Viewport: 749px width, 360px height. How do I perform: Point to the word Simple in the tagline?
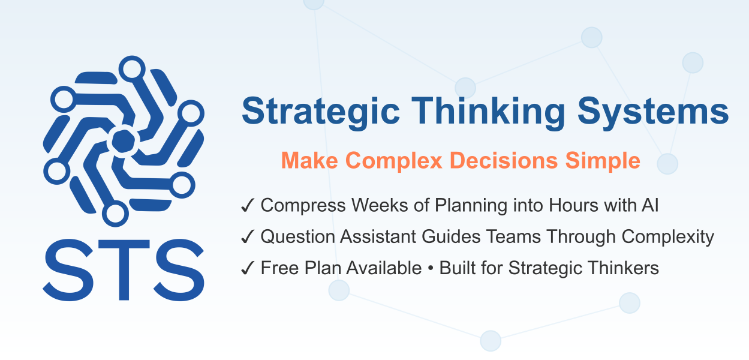[x=603, y=161]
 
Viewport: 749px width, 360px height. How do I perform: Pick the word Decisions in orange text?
[x=504, y=161]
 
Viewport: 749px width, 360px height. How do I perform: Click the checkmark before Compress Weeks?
[x=248, y=205]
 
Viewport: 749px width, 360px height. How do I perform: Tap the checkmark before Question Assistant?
[x=248, y=236]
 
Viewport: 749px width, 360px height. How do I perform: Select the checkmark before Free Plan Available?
[x=248, y=268]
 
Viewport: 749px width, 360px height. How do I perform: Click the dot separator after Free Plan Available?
[x=431, y=269]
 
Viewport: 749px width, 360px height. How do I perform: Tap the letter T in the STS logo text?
[x=124, y=269]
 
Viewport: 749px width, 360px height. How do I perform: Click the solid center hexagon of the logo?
[x=124, y=141]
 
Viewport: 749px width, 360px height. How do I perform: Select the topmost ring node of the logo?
[x=132, y=68]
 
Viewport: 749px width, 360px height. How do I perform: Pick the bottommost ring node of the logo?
[x=115, y=214]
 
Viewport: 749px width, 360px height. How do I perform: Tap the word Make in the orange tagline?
[x=309, y=161]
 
